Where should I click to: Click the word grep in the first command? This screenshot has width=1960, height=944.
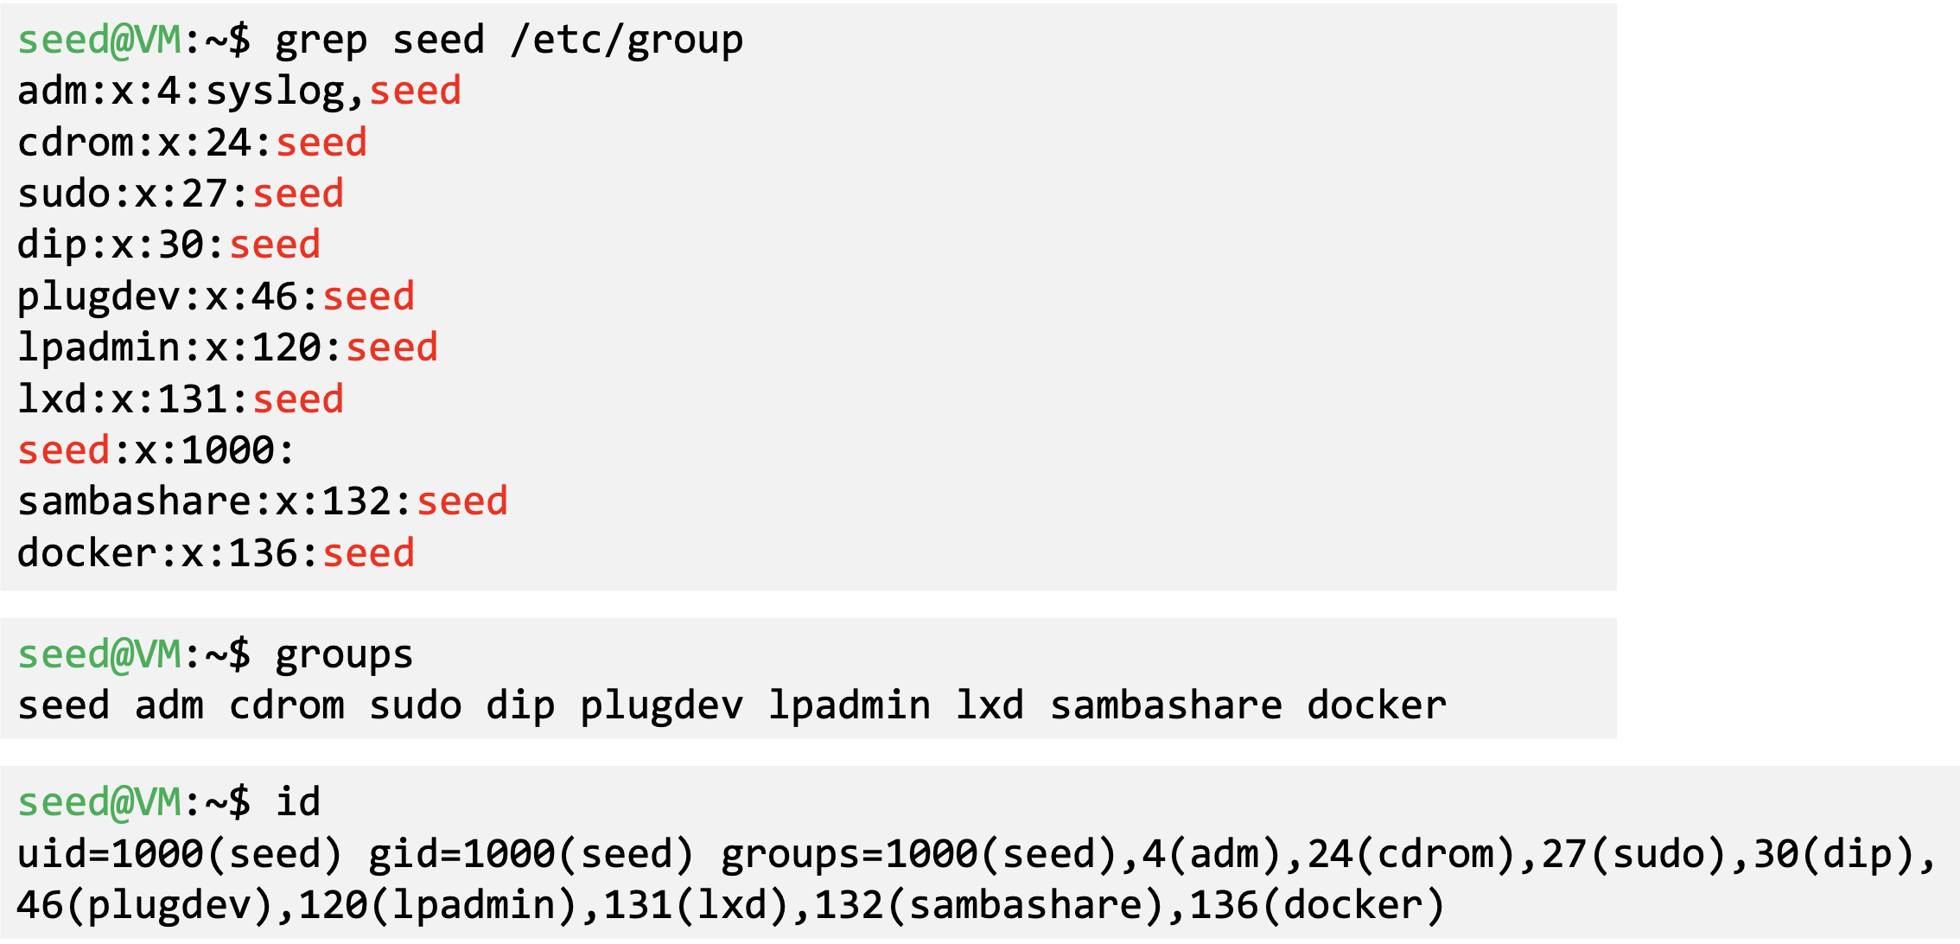pos(321,41)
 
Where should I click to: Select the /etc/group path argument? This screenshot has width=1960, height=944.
pos(627,41)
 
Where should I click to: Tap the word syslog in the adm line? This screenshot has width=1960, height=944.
pos(276,92)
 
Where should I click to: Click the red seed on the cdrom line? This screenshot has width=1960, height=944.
pos(321,143)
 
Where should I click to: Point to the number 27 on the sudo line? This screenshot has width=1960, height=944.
pos(204,194)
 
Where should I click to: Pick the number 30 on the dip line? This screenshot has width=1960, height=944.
pos(181,245)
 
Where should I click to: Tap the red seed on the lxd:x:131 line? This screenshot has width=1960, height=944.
pos(298,399)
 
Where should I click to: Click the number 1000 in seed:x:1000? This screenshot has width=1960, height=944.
pos(227,450)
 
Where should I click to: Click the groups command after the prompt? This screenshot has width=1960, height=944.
pos(344,654)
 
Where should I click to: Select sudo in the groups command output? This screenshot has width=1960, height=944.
pos(415,705)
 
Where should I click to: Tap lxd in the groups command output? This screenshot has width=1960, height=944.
pos(990,705)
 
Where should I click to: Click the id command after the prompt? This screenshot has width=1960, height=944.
pos(298,802)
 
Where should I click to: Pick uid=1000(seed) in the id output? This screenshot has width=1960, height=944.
pos(180,854)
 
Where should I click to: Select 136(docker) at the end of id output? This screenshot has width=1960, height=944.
pos(1317,905)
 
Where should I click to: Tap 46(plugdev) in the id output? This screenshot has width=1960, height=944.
pos(145,905)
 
